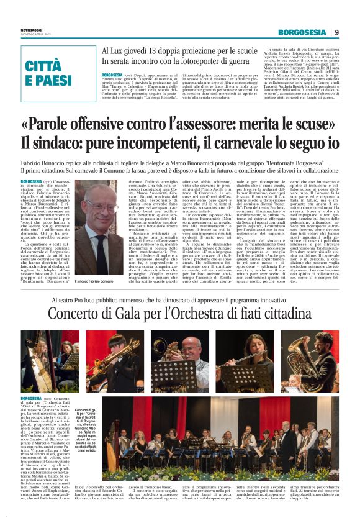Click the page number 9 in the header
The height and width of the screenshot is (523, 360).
[336, 33]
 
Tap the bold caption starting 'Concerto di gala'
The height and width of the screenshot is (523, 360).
[85, 411]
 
